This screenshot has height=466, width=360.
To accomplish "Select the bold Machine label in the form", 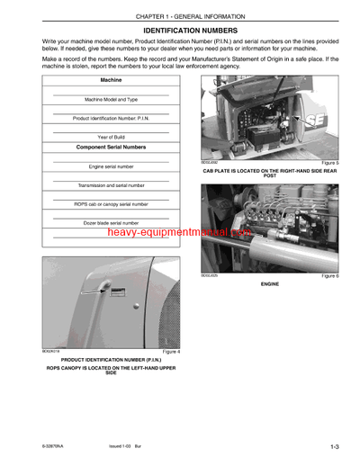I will [111, 80].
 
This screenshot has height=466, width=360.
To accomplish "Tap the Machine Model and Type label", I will [111, 100].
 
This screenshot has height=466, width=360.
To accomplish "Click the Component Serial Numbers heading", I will [111, 147].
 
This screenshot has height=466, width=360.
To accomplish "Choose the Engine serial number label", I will [111, 166].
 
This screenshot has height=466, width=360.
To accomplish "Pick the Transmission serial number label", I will [111, 184].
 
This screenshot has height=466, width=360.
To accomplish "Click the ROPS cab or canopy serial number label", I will [111, 204].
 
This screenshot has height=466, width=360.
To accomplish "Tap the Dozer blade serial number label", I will [111, 222].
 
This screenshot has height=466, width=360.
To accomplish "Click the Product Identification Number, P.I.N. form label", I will [111, 118].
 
